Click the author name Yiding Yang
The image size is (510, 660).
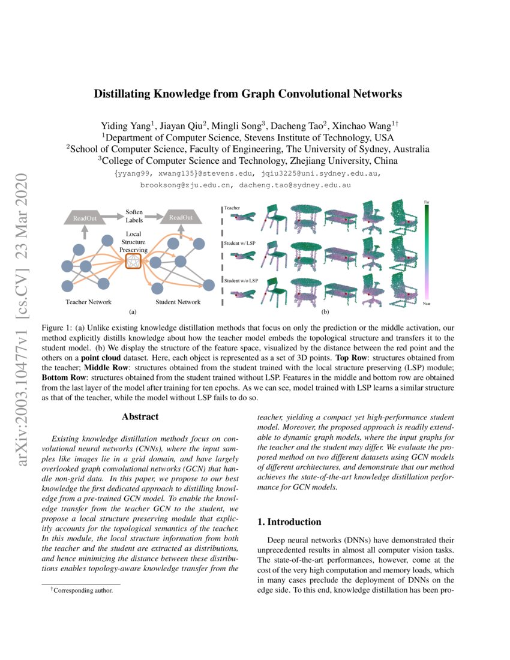pyautogui.click(x=125, y=126)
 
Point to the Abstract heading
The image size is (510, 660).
pyautogui.click(x=140, y=416)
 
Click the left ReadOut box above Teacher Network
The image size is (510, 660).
pyautogui.click(x=85, y=217)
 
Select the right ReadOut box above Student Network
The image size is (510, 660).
pyautogui.click(x=180, y=217)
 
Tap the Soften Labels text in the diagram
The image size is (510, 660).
pyautogui.click(x=134, y=216)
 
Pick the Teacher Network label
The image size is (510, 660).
pyautogui.click(x=89, y=302)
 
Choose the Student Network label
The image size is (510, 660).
pyautogui.click(x=178, y=302)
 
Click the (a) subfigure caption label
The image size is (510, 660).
pyautogui.click(x=133, y=312)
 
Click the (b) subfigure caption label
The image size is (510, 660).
pyautogui.click(x=325, y=312)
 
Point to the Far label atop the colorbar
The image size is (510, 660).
pyautogui.click(x=427, y=202)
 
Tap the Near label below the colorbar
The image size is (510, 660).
pyautogui.click(x=427, y=304)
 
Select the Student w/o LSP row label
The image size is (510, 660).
pyautogui.click(x=241, y=280)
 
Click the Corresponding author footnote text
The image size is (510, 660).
pyautogui.click(x=81, y=590)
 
